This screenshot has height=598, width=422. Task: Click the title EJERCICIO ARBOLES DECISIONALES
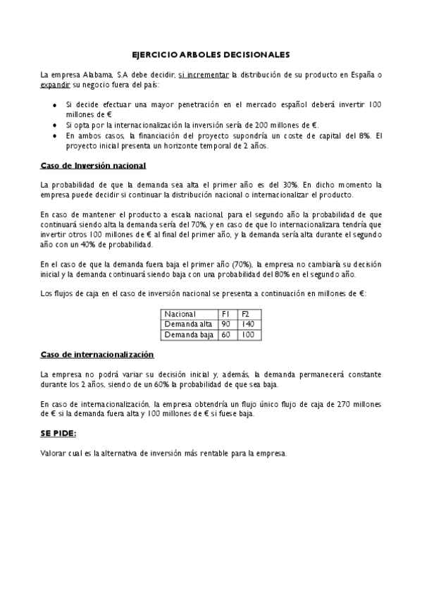211,54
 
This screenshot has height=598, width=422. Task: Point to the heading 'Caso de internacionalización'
97,354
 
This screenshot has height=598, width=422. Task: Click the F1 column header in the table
226,314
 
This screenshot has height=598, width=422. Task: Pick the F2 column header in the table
246,314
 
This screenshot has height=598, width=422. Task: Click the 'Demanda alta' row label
183,324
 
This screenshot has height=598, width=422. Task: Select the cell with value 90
226,324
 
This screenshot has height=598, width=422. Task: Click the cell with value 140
247,324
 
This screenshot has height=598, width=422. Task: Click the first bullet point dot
56,105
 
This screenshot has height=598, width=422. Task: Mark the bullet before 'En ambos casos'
56,134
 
